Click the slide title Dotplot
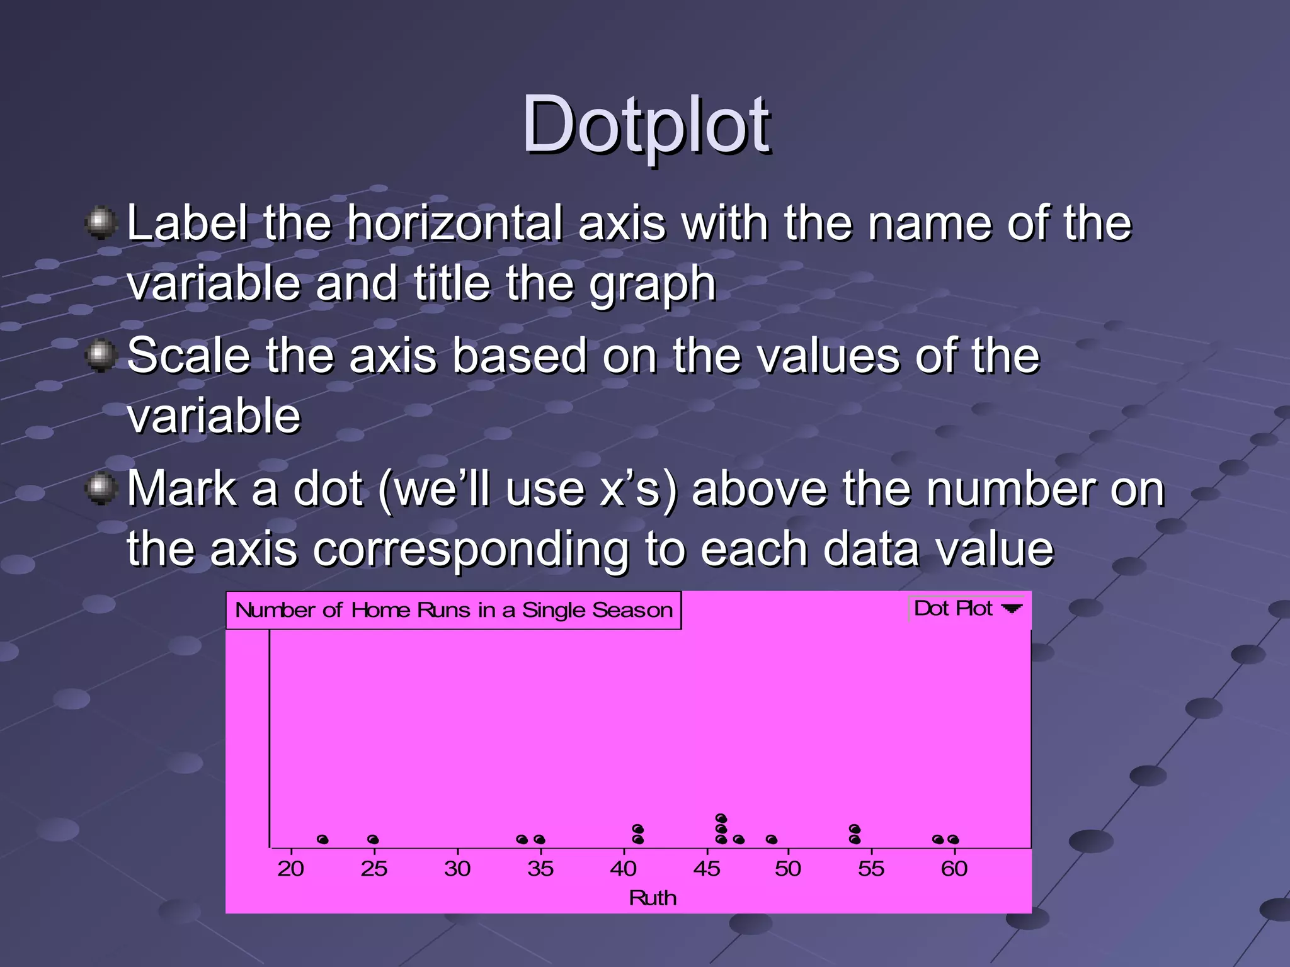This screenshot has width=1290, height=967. tap(645, 124)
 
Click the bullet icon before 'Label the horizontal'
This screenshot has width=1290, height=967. tap(101, 223)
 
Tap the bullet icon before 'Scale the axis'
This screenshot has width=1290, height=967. tap(101, 356)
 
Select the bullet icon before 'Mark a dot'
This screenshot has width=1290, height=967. tap(101, 489)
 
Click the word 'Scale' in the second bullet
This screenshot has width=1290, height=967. tap(189, 356)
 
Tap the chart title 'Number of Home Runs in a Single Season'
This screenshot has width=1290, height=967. tap(454, 610)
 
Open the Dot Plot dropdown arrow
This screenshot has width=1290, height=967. tap(1012, 609)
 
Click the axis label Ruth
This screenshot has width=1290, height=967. tap(653, 898)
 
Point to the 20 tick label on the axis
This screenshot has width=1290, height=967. tap(290, 869)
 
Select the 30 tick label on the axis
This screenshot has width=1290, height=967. tap(457, 869)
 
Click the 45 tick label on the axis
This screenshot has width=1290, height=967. tap(706, 869)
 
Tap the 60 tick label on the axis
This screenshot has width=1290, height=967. tap(954, 869)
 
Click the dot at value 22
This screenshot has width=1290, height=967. tap(323, 840)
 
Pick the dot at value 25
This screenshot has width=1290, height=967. tap(373, 840)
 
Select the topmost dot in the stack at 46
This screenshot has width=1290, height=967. tap(721, 818)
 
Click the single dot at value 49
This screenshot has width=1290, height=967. tap(772, 840)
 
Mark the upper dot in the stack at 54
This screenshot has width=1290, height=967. tap(855, 829)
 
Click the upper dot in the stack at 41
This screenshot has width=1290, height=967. tap(638, 829)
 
